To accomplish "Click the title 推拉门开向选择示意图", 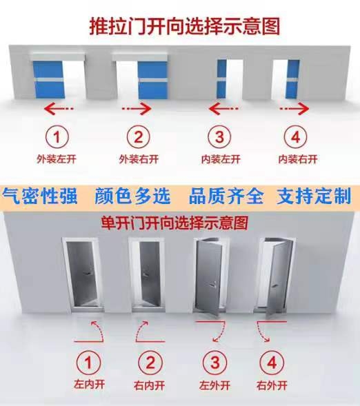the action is [185, 26].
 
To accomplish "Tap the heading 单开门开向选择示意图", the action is [174, 223].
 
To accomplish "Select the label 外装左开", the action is [57, 159].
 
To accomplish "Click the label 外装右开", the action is [139, 159].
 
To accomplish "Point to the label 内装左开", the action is [221, 159].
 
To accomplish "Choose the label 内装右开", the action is [298, 159].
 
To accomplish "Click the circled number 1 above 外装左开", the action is [57, 136].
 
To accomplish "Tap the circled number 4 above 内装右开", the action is [295, 136].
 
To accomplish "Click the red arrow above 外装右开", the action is [137, 109].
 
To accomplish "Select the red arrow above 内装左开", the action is [223, 108].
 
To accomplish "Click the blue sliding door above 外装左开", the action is [48, 79].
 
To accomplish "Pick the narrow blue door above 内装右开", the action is [293, 79].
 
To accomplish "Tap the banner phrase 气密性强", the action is [40, 196].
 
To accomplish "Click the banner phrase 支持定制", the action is [314, 196].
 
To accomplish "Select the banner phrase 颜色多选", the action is [132, 196].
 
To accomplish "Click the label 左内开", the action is [90, 384].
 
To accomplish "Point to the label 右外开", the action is [272, 385].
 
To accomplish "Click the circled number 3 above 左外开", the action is [214, 363].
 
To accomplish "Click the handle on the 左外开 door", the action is [212, 285].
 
